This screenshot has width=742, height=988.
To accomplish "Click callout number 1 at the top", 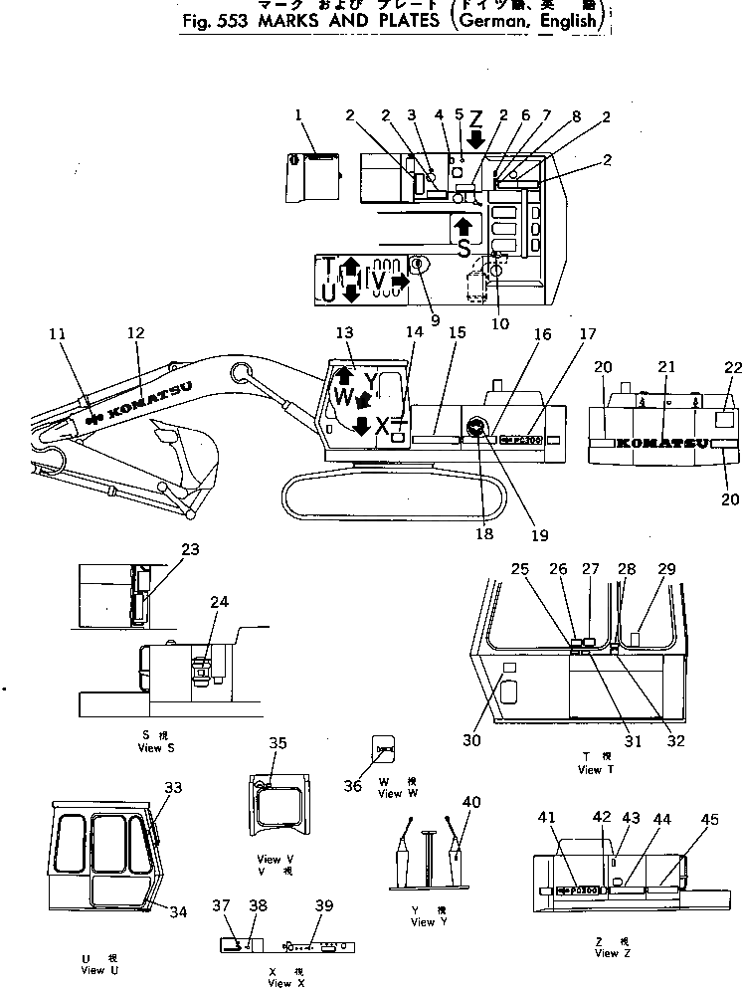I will point(296,115).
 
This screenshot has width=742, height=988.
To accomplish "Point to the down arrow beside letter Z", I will point(475,138).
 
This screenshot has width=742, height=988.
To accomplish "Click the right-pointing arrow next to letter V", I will point(399,284).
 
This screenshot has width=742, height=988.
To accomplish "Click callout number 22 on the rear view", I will point(733,367).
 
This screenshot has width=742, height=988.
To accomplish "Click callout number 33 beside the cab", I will point(173,787).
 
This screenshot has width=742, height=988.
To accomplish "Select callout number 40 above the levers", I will point(469,802).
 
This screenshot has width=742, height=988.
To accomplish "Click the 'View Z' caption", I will point(607,953).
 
